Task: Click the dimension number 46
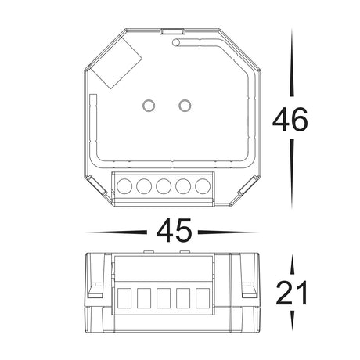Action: (290, 120)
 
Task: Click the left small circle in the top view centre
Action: (148, 105)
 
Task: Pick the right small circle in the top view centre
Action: (185, 105)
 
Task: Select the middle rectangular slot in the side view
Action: (164, 299)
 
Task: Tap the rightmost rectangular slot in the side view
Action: (203, 299)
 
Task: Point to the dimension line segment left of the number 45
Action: (117, 232)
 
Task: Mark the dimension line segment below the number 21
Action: (291, 319)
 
